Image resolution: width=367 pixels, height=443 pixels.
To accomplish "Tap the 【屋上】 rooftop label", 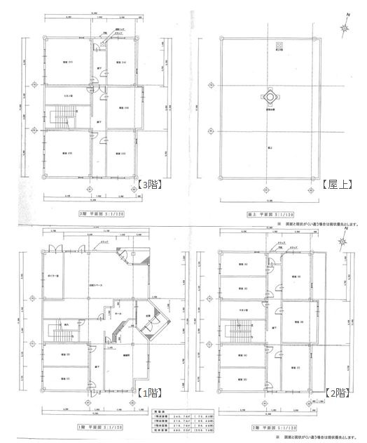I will click(x=338, y=185).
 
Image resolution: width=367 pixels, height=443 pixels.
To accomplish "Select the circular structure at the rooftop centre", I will click(x=269, y=95).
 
